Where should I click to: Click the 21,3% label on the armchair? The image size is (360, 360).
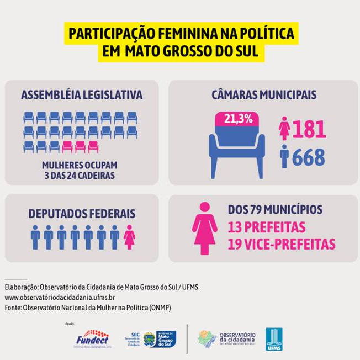[238, 118]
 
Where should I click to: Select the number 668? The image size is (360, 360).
[309, 158]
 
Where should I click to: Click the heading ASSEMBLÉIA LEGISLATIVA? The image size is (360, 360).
[82, 95]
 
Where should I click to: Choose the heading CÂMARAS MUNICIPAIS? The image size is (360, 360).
[263, 95]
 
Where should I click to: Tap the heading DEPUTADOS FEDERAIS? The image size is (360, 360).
[82, 214]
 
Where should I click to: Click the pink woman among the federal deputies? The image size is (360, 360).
[129, 237]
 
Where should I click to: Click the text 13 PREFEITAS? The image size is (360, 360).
[267, 227]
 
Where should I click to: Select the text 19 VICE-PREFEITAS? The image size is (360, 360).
[282, 244]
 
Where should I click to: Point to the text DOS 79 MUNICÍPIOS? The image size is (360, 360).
[275, 210]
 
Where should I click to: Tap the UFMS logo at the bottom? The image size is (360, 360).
[274, 338]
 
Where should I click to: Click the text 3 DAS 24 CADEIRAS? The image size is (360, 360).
[81, 176]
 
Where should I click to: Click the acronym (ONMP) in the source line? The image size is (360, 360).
[156, 308]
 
